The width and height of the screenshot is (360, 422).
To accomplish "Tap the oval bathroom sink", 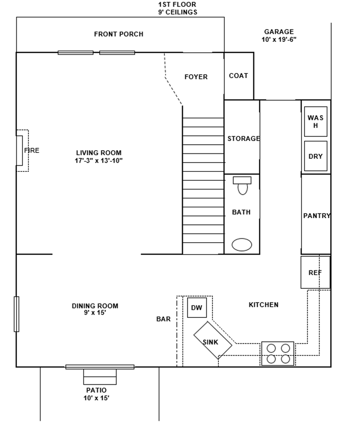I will pos(242,244).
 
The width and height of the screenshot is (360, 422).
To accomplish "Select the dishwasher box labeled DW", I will pos(197,308).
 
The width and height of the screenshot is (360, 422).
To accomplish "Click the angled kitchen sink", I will pos(213,340).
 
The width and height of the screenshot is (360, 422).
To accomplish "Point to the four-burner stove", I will pos(278,353).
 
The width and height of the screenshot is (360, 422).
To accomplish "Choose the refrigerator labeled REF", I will pos(315,273).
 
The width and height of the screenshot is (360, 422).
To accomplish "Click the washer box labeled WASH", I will pos(316,122).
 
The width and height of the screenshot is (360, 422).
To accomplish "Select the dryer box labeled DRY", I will pos(316,156).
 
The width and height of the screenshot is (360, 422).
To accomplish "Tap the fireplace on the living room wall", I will pos(20,150).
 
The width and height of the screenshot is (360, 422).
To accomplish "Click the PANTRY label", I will pos(316,216).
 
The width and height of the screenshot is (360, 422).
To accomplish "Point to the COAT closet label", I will pos(238,76).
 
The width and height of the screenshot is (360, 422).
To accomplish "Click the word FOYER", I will pos(196,77).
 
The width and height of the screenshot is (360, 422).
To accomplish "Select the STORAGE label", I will pos(244,138).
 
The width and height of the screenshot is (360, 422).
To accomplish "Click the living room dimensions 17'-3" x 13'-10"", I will pos(98,160).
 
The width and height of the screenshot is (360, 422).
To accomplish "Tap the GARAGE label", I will pos(279,32).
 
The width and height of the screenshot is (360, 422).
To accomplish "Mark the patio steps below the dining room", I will pos(100,377).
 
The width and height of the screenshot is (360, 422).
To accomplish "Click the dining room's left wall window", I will pos(17,314).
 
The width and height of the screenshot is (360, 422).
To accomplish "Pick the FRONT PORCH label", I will pos(119,34).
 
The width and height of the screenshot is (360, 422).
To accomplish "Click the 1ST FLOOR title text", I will pos(178,5).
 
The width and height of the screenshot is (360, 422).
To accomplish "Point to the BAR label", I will pos(164,319).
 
